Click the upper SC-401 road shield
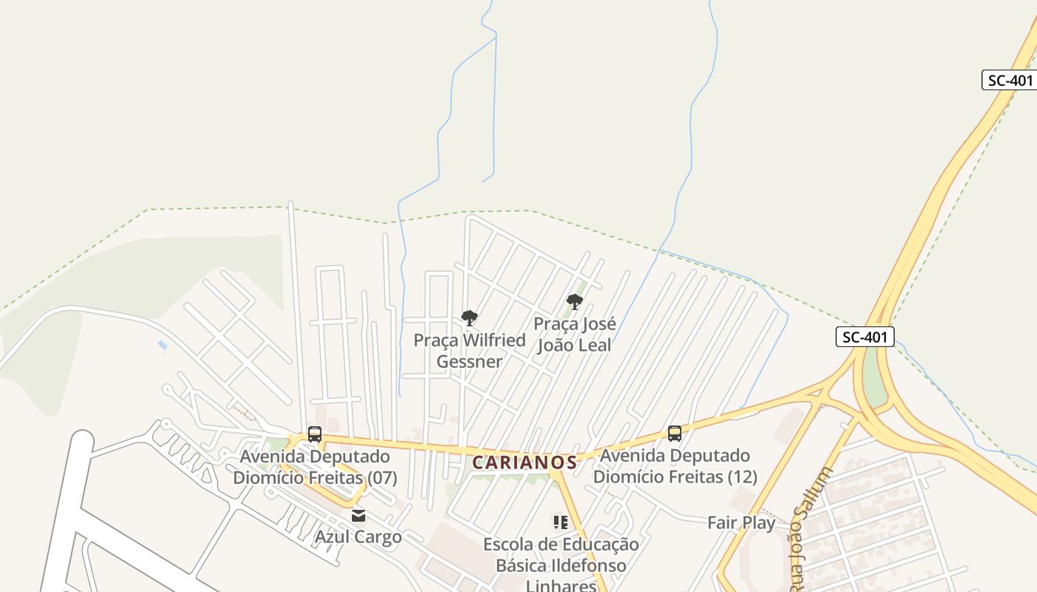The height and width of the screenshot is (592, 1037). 1009,80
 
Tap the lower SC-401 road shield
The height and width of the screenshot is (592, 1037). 865,337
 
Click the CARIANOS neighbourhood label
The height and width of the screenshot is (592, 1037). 524,462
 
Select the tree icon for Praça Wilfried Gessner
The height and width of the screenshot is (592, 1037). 469,318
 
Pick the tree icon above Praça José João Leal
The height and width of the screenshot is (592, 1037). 574,301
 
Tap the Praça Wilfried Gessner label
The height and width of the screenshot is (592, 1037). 470,351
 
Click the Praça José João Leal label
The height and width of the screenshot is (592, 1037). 574,334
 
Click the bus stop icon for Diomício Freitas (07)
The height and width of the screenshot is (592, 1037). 315,434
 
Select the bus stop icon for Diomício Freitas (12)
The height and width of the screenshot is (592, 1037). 674,434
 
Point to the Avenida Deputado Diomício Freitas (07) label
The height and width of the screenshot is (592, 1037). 315,467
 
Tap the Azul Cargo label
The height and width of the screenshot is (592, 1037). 359,536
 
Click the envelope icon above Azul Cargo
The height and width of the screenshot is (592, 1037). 359,516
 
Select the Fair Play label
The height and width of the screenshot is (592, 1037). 741,522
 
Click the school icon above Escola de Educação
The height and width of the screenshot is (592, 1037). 561,522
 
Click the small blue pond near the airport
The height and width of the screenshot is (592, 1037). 162,345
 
